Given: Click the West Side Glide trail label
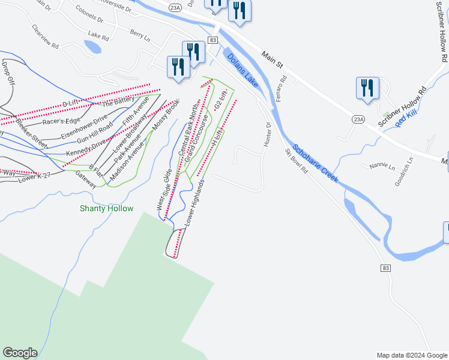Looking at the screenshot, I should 164,190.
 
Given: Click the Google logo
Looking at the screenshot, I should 20,353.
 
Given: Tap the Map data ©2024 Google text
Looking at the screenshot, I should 411,355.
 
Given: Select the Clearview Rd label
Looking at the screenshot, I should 45,37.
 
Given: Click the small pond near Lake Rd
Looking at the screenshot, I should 93,47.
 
